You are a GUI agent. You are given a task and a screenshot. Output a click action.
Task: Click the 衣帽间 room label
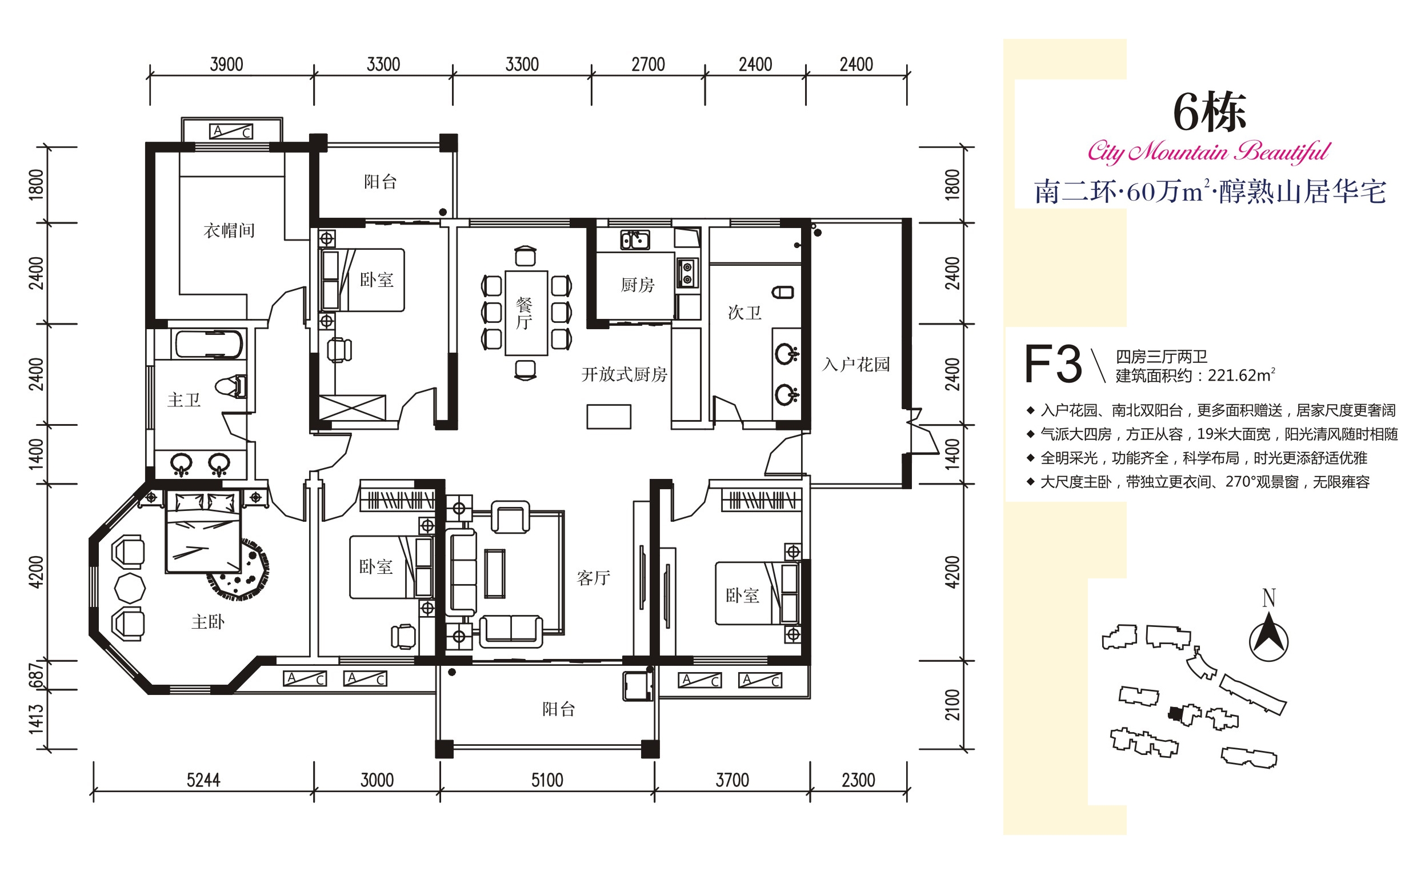pyautogui.click(x=229, y=231)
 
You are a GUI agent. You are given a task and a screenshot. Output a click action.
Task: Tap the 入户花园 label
pyautogui.click(x=856, y=365)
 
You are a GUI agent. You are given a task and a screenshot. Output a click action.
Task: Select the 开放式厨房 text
pyautogui.click(x=624, y=374)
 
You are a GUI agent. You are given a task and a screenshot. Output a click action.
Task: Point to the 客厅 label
pyautogui.click(x=593, y=578)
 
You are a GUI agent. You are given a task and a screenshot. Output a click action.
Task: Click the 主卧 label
pyautogui.click(x=208, y=622)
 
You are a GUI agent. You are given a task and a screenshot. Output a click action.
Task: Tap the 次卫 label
pyautogui.click(x=744, y=313)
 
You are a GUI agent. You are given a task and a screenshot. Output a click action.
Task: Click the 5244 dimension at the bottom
pyautogui.click(x=203, y=780)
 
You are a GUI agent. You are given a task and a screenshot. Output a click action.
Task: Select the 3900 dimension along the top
pyautogui.click(x=226, y=64)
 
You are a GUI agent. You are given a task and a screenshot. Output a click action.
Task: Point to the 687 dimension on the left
pyautogui.click(x=36, y=676)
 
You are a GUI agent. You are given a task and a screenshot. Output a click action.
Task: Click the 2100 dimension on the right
pyautogui.click(x=952, y=705)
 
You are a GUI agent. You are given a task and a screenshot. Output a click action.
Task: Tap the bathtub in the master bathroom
pyautogui.click(x=209, y=345)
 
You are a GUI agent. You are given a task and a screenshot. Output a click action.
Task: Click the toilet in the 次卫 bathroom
pyautogui.click(x=783, y=292)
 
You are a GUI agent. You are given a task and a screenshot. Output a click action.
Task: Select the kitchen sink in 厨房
pyautogui.click(x=635, y=240)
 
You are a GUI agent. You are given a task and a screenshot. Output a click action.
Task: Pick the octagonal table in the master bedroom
pyautogui.click(x=130, y=588)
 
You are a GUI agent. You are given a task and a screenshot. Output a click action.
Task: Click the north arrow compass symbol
pyautogui.click(x=1268, y=641)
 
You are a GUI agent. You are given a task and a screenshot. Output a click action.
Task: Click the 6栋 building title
pyautogui.click(x=1210, y=112)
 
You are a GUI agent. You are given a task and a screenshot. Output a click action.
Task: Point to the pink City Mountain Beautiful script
pyautogui.click(x=1208, y=152)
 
